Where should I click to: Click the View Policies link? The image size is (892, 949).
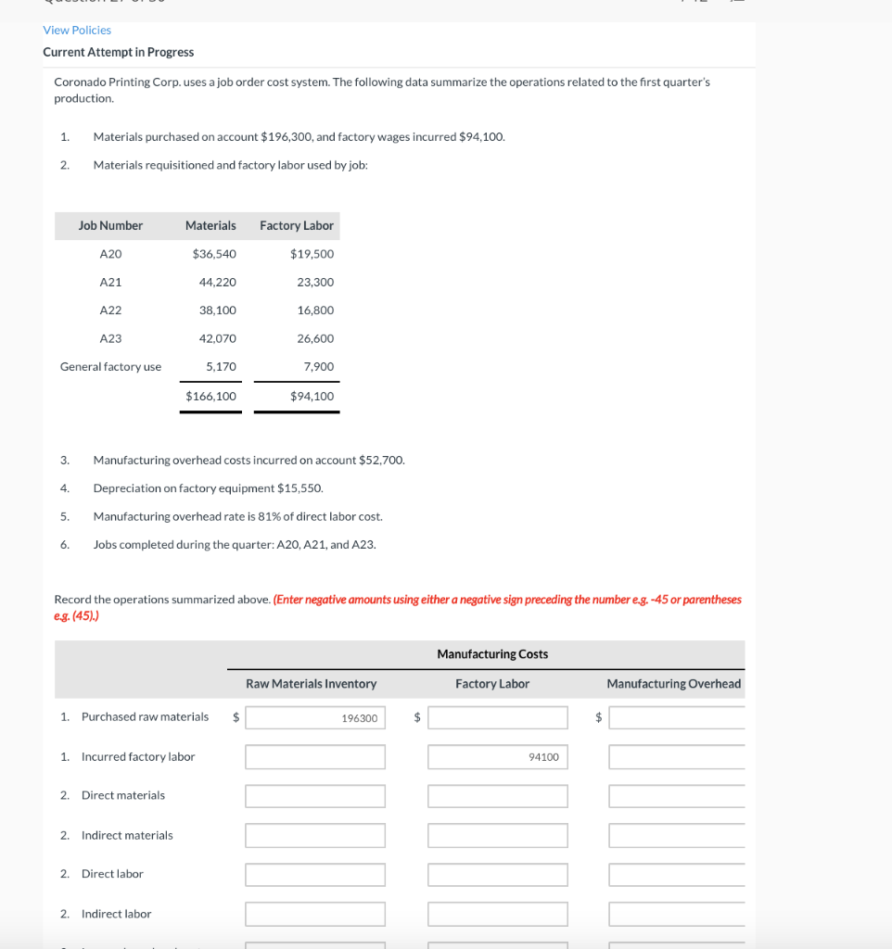coord(77,31)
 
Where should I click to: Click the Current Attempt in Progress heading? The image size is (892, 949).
coord(118,52)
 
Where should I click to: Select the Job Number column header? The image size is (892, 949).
coord(110,225)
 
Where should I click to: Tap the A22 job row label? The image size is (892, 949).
coord(110,310)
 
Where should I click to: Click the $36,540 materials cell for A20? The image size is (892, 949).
coord(213,254)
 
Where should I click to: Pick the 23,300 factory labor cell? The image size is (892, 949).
coord(315,282)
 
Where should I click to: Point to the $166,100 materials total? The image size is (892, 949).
coord(210,396)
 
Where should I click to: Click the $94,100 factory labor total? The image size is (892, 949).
coord(312,396)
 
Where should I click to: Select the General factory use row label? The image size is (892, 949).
coord(110,367)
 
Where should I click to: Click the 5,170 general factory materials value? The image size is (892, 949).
coord(220,367)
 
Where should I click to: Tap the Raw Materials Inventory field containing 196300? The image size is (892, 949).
coord(314,718)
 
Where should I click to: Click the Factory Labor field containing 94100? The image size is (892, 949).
coord(497,757)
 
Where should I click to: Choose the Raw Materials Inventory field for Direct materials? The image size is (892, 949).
coord(314,796)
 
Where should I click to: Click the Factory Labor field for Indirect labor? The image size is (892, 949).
coord(497,914)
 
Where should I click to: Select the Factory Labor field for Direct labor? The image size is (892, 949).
coord(497,874)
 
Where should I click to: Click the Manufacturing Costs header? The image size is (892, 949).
coord(491,654)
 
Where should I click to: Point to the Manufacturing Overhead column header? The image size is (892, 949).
coord(673,684)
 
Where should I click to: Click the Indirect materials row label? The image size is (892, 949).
coord(127,835)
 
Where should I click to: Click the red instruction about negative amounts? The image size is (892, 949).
coord(506,600)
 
